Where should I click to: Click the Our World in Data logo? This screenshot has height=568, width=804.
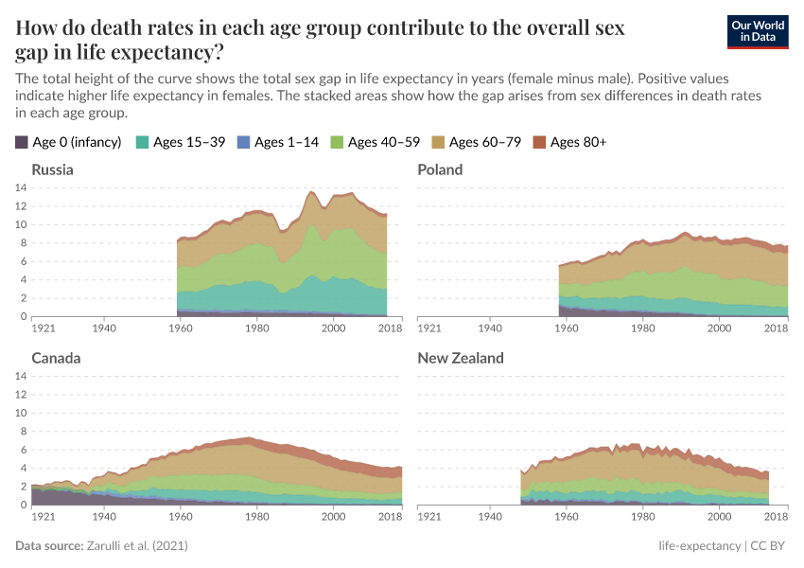point(757,30)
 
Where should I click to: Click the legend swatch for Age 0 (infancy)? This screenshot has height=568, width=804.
point(22,142)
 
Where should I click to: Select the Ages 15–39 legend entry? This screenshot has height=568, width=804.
point(184,142)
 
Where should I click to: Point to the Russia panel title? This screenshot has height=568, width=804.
point(52,169)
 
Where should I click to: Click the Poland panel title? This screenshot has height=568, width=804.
point(441,169)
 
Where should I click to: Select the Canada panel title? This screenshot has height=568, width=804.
point(56,359)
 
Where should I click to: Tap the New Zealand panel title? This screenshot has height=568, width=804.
point(461,359)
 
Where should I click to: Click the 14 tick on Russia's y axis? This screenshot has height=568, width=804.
point(20,187)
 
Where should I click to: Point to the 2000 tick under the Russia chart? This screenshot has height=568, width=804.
point(333,328)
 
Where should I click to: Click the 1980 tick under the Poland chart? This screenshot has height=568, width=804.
point(643,328)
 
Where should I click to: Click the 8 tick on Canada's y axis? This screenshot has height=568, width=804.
point(23,432)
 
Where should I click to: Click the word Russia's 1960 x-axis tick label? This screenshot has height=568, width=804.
point(180,328)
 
